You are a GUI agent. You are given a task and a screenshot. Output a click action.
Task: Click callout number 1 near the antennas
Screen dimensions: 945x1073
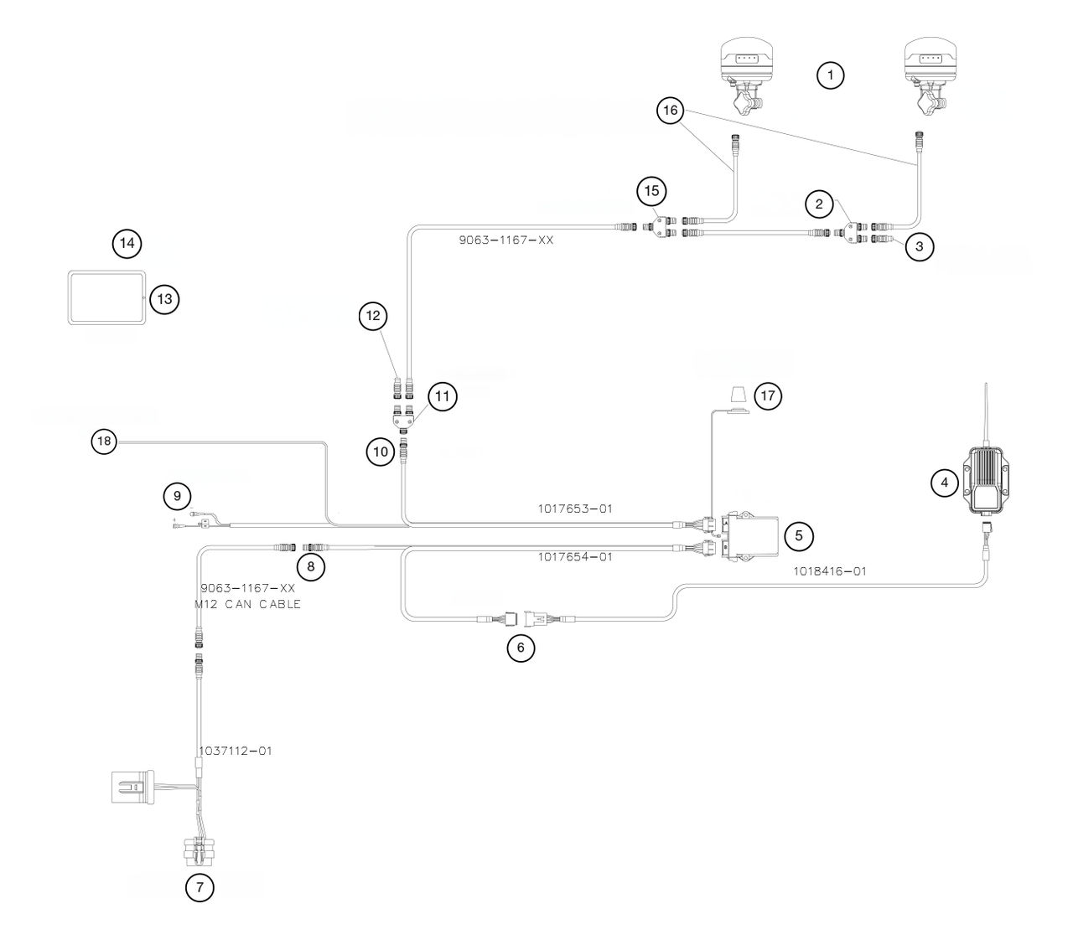click(x=830, y=76)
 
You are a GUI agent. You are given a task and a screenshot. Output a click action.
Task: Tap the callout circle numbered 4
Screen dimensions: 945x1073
click(x=945, y=482)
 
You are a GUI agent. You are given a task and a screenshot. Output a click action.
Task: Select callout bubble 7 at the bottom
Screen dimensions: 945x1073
click(x=200, y=887)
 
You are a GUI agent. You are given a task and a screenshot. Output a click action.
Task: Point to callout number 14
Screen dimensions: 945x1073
click(x=127, y=244)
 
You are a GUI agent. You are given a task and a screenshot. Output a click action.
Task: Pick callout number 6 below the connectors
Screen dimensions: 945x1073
click(x=521, y=648)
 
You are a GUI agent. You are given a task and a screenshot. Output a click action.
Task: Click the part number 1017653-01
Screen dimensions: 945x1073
click(x=575, y=508)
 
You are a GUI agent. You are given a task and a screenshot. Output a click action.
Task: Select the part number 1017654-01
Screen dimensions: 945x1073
click(x=575, y=556)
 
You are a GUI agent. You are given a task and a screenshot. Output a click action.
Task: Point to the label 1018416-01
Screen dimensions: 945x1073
click(x=830, y=571)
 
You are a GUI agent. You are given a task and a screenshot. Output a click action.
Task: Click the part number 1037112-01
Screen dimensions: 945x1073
click(x=235, y=751)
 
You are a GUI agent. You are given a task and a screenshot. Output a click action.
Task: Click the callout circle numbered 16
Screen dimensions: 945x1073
click(x=671, y=111)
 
